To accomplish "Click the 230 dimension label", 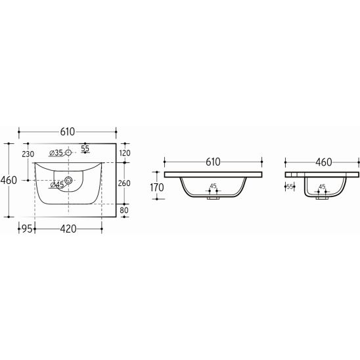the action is [28, 154].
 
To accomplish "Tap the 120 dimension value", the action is [125, 153].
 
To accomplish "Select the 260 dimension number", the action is [124, 183].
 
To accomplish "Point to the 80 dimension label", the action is [124, 210].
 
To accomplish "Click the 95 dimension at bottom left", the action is [27, 229].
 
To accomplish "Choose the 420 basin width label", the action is [68, 229].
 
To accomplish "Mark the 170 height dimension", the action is [157, 188].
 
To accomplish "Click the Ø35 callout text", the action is [56, 152].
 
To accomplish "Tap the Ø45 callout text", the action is [57, 185].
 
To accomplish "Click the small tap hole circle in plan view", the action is [68, 152].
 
